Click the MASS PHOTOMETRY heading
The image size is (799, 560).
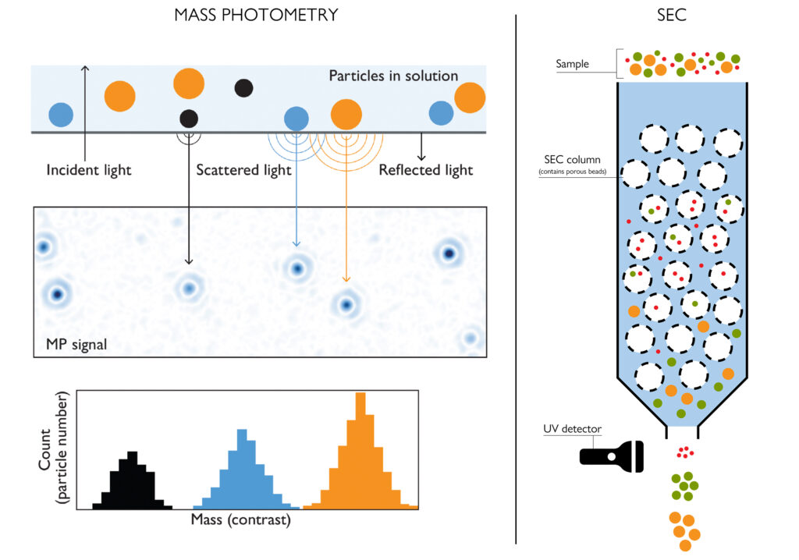point(256,15)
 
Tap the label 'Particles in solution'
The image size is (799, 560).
point(393,76)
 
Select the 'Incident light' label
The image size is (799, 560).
point(89,170)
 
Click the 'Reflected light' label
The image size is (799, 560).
point(425,170)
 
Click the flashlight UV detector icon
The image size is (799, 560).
point(612,455)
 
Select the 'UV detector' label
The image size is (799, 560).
point(572,429)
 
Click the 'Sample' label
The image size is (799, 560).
point(572,64)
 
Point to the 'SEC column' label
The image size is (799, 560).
point(572,161)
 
